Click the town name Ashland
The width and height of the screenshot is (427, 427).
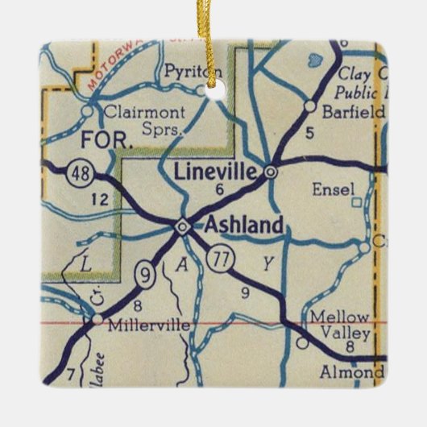(244, 226)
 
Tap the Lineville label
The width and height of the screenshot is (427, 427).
(219, 171)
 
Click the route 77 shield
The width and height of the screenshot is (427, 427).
(218, 259)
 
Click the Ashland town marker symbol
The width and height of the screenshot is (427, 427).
(183, 227)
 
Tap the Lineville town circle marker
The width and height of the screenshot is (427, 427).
(272, 172)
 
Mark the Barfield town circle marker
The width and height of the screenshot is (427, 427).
(309, 106)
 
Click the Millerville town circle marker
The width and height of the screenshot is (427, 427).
(96, 320)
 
